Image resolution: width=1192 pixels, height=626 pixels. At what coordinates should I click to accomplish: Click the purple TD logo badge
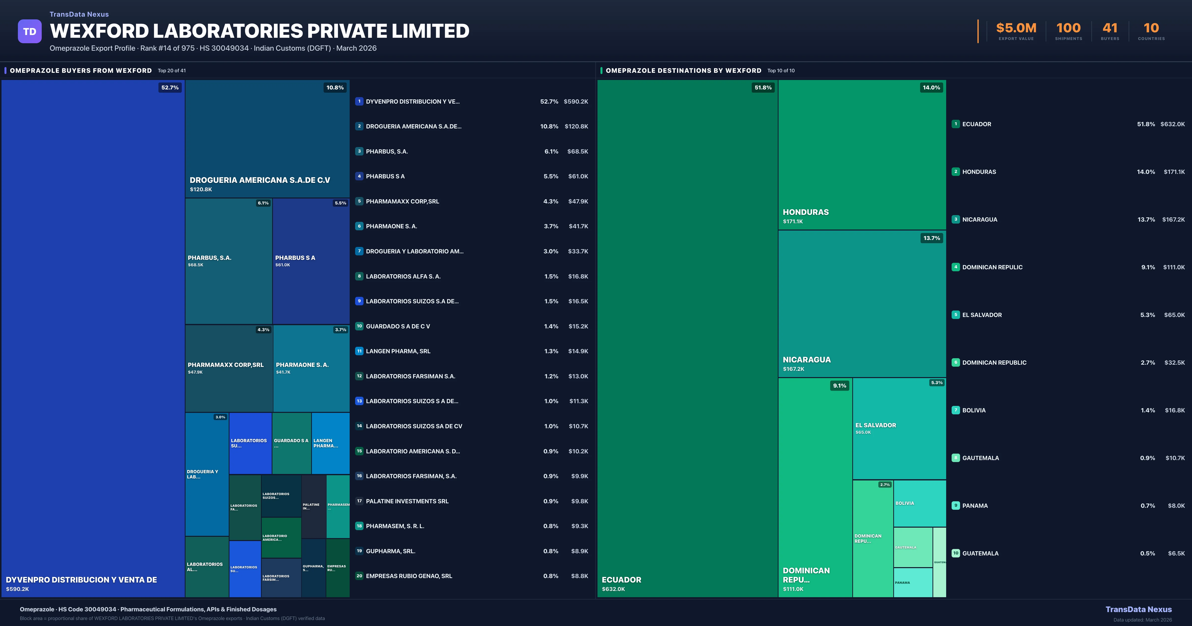pyautogui.click(x=30, y=32)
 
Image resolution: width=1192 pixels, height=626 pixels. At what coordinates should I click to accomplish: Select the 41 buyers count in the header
pyautogui.click(x=1110, y=28)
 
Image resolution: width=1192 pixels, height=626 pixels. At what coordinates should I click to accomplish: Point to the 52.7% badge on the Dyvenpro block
pyautogui.click(x=170, y=87)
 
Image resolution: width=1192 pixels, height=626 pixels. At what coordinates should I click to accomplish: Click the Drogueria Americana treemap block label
pyautogui.click(x=260, y=180)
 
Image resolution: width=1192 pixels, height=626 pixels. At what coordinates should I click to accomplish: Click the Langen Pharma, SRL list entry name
pyautogui.click(x=398, y=351)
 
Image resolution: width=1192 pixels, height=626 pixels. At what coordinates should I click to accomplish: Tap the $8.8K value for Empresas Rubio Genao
pyautogui.click(x=579, y=576)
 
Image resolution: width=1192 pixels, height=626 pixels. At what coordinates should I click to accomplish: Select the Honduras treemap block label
pyautogui.click(x=806, y=212)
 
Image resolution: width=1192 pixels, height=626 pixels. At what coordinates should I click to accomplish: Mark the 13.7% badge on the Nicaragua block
pyautogui.click(x=931, y=238)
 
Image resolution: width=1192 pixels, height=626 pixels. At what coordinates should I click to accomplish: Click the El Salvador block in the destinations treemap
pyautogui.click(x=899, y=428)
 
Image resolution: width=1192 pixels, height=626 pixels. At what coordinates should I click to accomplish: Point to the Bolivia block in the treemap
pyautogui.click(x=919, y=503)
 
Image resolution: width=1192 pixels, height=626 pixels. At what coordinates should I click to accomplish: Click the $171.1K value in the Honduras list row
pyautogui.click(x=1174, y=172)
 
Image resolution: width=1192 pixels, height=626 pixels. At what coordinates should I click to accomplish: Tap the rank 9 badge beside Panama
pyautogui.click(x=956, y=506)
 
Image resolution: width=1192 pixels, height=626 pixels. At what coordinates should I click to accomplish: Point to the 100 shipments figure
pyautogui.click(x=1068, y=28)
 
